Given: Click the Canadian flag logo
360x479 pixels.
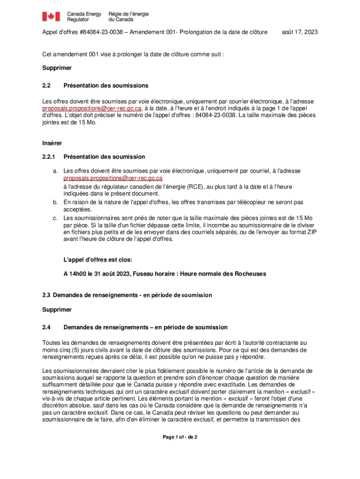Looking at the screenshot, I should click(x=51, y=17).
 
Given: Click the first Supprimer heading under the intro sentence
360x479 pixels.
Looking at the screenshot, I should click(x=57, y=68).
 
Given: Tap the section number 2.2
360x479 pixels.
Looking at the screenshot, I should click(x=46, y=86).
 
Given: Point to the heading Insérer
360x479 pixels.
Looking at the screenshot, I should click(x=52, y=143).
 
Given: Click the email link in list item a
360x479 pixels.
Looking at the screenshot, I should click(x=113, y=178).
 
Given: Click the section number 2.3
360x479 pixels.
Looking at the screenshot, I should click(x=46, y=295).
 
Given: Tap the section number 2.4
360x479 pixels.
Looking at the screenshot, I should click(x=46, y=327).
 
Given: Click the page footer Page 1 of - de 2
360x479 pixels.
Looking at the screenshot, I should click(x=180, y=437).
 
